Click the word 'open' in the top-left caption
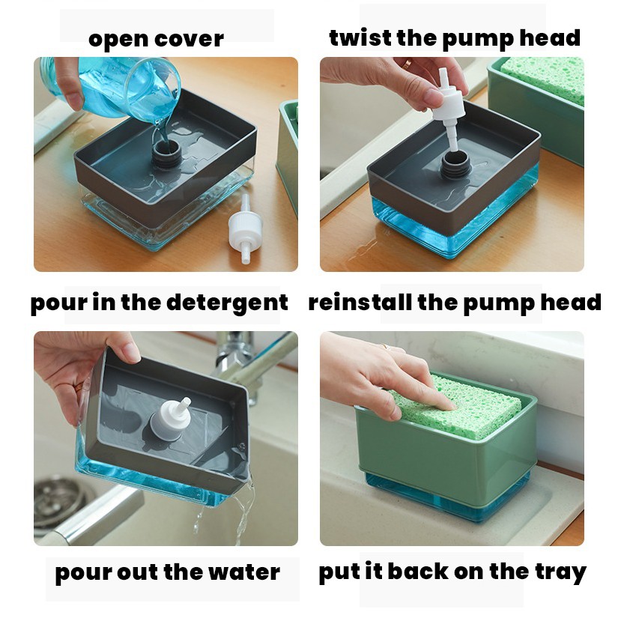click(118, 40)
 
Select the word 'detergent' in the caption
click(227, 303)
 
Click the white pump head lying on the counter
click(245, 229)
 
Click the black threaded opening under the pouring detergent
click(166, 153)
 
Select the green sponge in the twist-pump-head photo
click(545, 78)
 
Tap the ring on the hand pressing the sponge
click(385, 347)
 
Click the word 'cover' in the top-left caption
click(190, 40)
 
